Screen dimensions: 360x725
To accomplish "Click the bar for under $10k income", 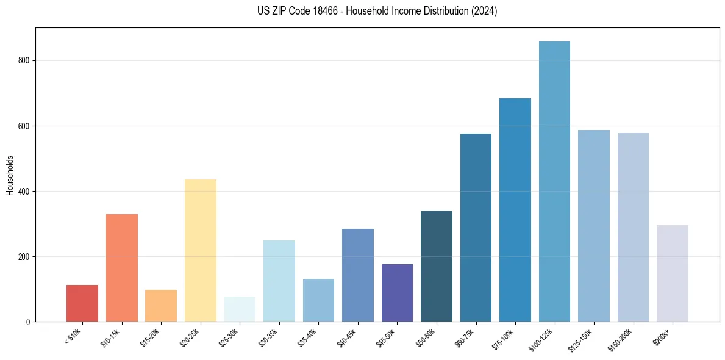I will pos(82,303).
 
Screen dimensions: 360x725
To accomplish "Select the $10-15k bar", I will pos(122,268).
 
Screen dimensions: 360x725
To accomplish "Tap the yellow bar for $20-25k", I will pos(201,250).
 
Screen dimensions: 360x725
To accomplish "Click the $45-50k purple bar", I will pos(397,293).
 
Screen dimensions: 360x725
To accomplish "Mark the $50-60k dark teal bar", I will pos(437,266).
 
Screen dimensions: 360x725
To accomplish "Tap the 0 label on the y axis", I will pos(29,322).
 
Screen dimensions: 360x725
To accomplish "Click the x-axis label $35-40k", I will pos(309,337).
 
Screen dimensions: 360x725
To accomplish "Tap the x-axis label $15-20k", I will pos(151,337).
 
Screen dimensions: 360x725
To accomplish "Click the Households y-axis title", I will pos(10,175).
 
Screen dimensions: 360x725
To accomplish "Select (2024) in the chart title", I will pos(483,11).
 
